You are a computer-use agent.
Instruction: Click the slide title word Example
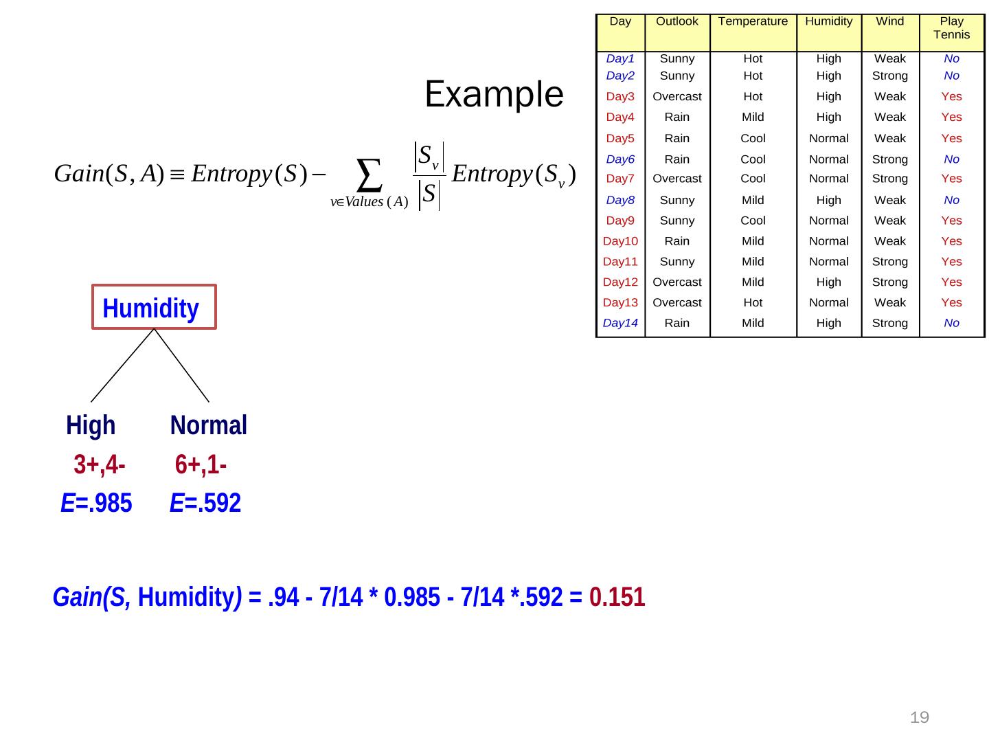(x=494, y=95)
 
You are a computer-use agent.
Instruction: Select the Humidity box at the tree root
(x=154, y=308)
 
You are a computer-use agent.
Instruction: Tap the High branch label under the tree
(x=91, y=425)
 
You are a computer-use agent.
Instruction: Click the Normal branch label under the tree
(x=208, y=425)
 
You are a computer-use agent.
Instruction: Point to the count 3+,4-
(x=99, y=465)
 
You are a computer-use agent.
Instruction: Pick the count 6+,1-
(x=201, y=465)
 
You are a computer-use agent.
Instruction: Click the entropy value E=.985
(x=96, y=504)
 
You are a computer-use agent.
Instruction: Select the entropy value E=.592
(x=205, y=504)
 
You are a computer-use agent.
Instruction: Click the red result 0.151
(x=617, y=598)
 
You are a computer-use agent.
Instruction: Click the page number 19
(x=919, y=718)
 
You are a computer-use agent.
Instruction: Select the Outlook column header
(x=677, y=21)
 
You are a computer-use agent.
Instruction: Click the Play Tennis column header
(x=951, y=28)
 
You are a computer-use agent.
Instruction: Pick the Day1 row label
(x=620, y=59)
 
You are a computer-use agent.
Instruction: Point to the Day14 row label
(x=620, y=323)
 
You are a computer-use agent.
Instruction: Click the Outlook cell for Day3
(x=677, y=97)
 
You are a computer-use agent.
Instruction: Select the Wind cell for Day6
(x=889, y=159)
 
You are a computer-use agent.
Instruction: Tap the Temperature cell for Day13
(x=753, y=302)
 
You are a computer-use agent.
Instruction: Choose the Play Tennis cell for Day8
(x=951, y=201)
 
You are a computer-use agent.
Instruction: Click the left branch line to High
(x=122, y=366)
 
